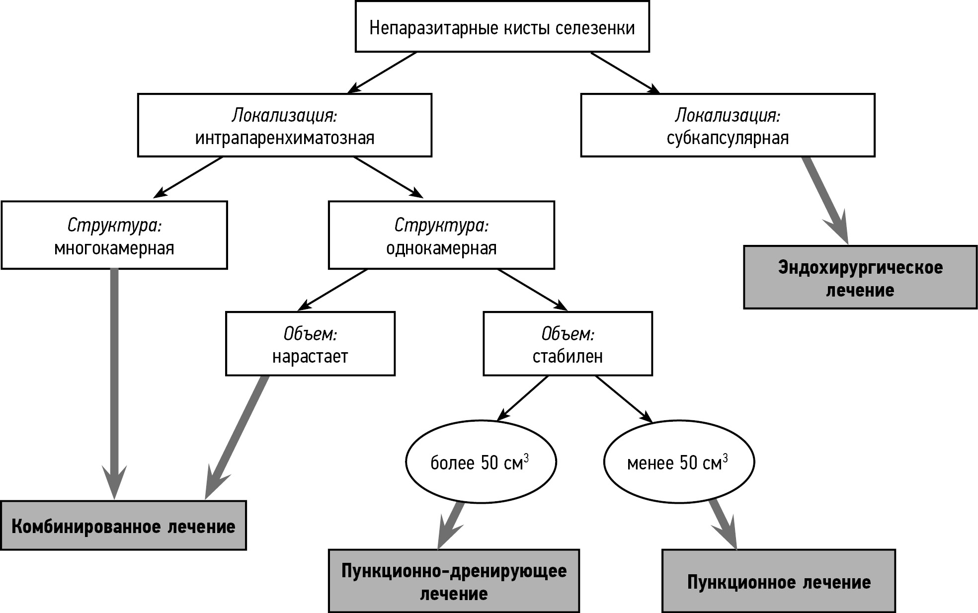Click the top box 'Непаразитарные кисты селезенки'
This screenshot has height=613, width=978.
(x=502, y=27)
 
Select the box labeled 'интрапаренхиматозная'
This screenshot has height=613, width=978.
(x=284, y=126)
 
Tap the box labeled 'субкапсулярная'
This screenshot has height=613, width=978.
(x=728, y=126)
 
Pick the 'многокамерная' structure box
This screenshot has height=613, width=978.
(x=114, y=235)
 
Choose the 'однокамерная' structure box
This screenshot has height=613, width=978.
(x=441, y=235)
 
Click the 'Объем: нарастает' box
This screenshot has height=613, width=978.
(x=310, y=344)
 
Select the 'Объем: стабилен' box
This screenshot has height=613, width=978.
(x=568, y=344)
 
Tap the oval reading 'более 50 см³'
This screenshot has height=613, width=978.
(x=481, y=462)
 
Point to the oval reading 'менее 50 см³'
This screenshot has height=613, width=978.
(x=679, y=462)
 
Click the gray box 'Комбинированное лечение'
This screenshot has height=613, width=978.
(x=123, y=526)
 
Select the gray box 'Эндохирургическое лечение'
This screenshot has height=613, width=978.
(x=860, y=277)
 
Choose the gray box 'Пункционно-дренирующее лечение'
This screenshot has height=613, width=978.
(x=454, y=581)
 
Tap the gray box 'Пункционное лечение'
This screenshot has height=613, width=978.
(x=779, y=581)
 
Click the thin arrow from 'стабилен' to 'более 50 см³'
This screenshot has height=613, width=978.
(x=524, y=397)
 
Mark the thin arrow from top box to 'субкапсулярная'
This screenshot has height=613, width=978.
(x=624, y=72)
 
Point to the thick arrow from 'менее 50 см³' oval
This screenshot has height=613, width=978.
(x=722, y=524)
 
